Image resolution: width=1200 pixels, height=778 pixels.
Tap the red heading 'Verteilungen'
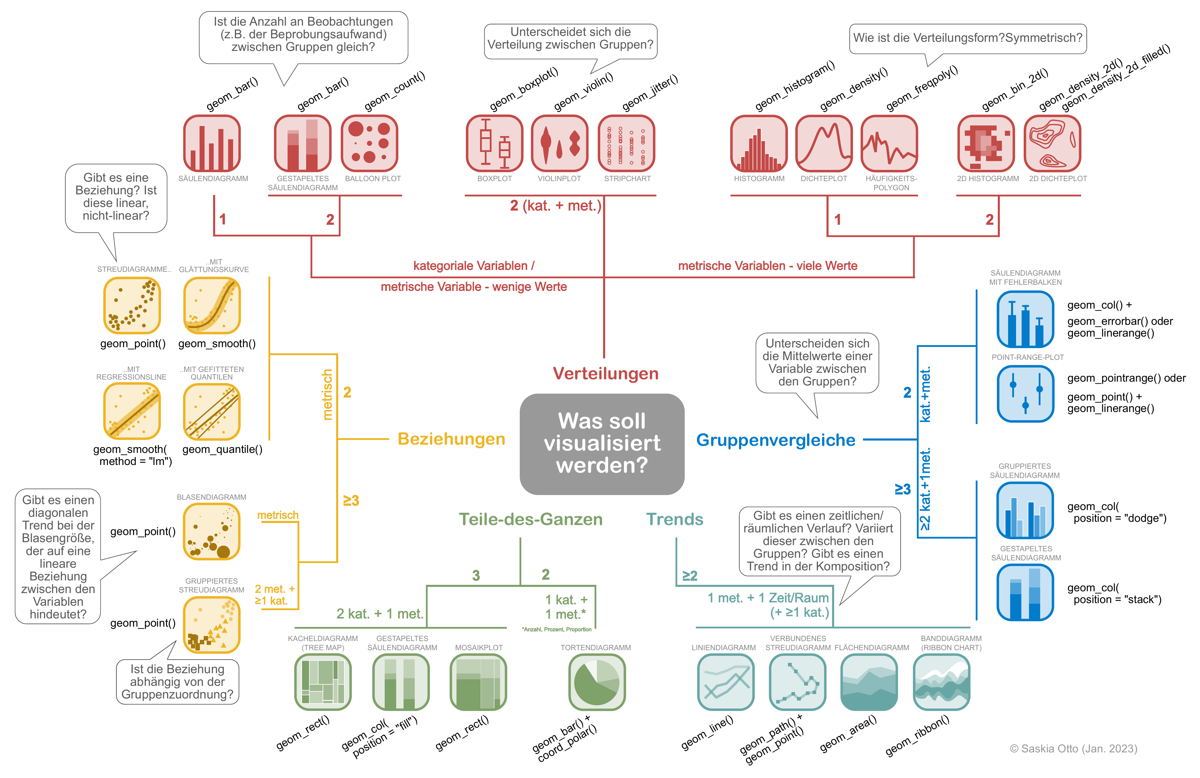(605, 373)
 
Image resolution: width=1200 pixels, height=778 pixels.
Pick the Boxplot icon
(494, 143)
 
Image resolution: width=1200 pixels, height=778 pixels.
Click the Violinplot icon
(559, 143)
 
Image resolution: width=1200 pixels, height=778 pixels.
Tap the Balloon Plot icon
(370, 143)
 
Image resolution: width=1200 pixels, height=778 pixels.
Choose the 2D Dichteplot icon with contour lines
(1052, 143)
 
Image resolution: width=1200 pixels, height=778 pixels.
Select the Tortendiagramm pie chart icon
(597, 682)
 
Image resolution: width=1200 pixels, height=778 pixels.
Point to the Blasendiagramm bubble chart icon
(211, 532)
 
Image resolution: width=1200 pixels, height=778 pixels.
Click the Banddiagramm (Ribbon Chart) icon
(941, 682)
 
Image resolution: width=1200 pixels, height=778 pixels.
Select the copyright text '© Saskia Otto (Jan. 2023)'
(1073, 749)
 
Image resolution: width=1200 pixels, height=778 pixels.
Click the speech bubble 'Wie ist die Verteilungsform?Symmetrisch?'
(967, 38)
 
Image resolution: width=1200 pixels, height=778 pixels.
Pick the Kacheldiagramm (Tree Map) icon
(323, 682)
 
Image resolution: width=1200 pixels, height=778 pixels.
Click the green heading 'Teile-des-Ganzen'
(530, 519)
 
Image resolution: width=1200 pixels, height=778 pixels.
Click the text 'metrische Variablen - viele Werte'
(767, 266)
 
